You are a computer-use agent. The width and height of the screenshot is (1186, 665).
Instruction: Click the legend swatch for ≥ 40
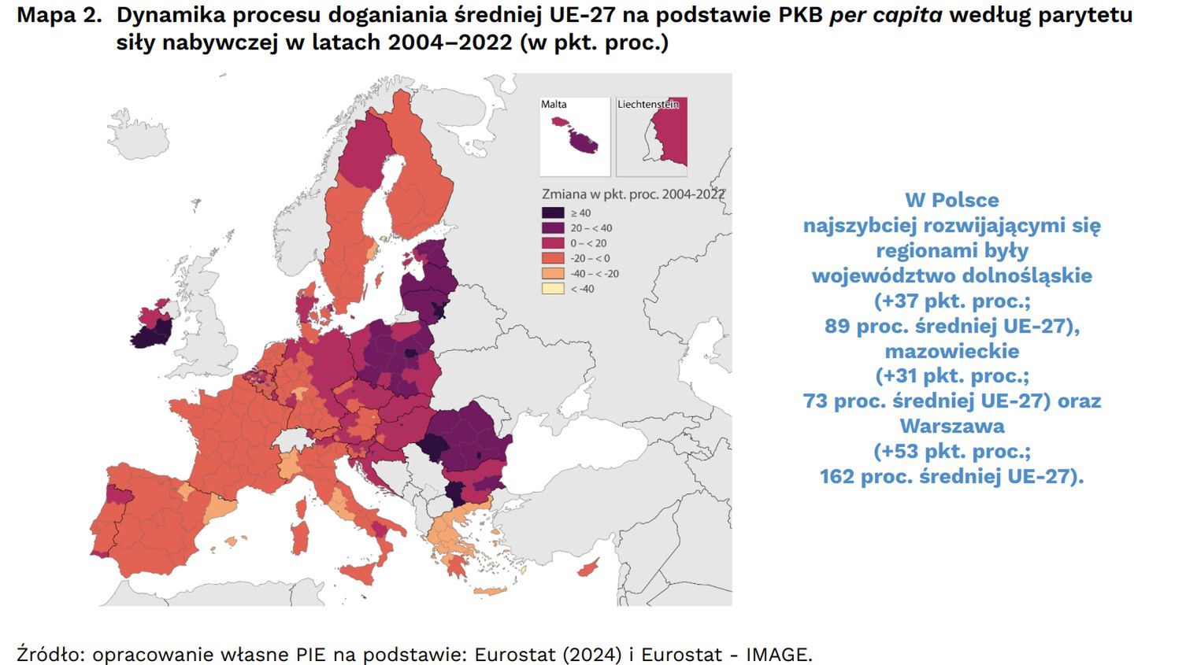click(553, 212)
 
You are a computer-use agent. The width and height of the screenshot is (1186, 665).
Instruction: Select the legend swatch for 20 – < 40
click(553, 228)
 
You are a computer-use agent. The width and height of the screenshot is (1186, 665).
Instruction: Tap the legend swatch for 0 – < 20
click(553, 243)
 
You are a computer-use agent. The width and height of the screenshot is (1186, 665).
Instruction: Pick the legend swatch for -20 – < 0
click(553, 258)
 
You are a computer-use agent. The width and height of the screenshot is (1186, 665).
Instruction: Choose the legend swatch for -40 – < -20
click(553, 274)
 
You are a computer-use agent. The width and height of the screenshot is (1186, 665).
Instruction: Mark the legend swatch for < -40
click(553, 289)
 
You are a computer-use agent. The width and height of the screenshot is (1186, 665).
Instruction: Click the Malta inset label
click(554, 104)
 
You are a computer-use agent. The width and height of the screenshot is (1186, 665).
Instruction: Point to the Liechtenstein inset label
click(647, 104)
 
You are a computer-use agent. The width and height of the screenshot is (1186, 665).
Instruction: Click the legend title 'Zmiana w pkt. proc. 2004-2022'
click(632, 194)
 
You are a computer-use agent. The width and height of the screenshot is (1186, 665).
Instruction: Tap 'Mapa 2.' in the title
click(59, 15)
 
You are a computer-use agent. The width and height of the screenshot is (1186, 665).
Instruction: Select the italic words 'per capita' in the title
click(885, 15)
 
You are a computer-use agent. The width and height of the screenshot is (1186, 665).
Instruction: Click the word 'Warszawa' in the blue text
click(952, 426)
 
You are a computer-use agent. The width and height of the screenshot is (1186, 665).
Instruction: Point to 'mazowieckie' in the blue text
click(952, 351)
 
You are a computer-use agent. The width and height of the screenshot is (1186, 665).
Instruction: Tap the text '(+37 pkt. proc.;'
click(952, 301)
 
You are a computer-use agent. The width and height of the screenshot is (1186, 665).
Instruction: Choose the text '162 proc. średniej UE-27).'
click(952, 476)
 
